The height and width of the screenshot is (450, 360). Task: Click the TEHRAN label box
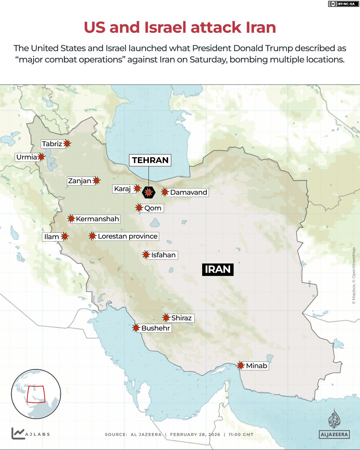(x=150, y=160)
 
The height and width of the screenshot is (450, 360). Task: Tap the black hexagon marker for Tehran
(x=149, y=192)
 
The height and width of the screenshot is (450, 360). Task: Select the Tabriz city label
(x=52, y=144)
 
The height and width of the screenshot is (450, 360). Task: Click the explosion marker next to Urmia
(x=41, y=157)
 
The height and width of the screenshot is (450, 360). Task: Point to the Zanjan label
(x=80, y=181)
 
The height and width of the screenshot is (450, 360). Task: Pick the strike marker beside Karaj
(x=137, y=189)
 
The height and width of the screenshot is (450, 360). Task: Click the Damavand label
(x=188, y=192)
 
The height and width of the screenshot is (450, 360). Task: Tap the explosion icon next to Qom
(x=139, y=208)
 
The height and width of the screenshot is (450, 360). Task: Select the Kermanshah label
(x=97, y=219)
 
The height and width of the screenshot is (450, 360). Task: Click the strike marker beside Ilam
(x=65, y=236)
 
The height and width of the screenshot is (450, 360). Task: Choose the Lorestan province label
(x=128, y=236)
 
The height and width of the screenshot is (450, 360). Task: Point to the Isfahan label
(x=163, y=255)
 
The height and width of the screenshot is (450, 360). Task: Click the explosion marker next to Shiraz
(x=166, y=317)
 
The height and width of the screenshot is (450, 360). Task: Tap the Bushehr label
(x=156, y=328)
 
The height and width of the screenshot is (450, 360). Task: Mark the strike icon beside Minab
(x=240, y=365)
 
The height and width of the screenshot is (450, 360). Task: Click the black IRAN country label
(x=218, y=269)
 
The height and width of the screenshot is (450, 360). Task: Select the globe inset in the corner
(x=36, y=394)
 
